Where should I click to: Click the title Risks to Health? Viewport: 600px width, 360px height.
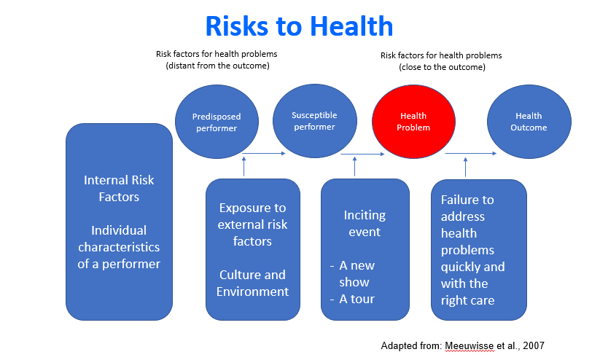coord(299,26)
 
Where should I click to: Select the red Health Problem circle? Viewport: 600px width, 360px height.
coord(413,122)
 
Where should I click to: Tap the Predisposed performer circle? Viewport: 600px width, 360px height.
coord(217,122)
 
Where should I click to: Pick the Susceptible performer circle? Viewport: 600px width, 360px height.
coord(314,121)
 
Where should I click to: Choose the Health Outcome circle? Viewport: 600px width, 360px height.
coord(529,122)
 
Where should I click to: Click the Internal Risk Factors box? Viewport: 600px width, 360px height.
coord(119,222)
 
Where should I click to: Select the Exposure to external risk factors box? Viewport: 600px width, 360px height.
coord(253,249)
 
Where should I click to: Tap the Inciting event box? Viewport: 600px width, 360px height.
coord(365,249)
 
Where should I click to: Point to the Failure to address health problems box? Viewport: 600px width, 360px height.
coord(479,250)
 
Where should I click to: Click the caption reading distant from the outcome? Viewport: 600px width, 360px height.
coord(217,66)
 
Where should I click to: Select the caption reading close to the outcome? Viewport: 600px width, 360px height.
coord(442,67)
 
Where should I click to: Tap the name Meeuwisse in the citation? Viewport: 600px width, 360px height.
coord(469,346)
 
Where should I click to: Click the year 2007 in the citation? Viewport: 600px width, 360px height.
coord(534,346)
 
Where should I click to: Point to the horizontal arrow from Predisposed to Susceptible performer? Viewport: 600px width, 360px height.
coord(264,154)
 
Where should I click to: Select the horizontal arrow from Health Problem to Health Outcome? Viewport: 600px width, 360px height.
coord(471,154)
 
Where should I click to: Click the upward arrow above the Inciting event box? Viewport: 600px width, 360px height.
coord(355,166)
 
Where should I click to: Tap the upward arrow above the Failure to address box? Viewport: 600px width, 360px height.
coord(465,167)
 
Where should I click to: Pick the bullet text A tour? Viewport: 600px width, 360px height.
coord(357,299)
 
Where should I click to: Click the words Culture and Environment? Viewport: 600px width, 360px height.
coord(252,283)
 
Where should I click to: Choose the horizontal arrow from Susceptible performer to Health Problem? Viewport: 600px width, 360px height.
coord(362,154)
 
